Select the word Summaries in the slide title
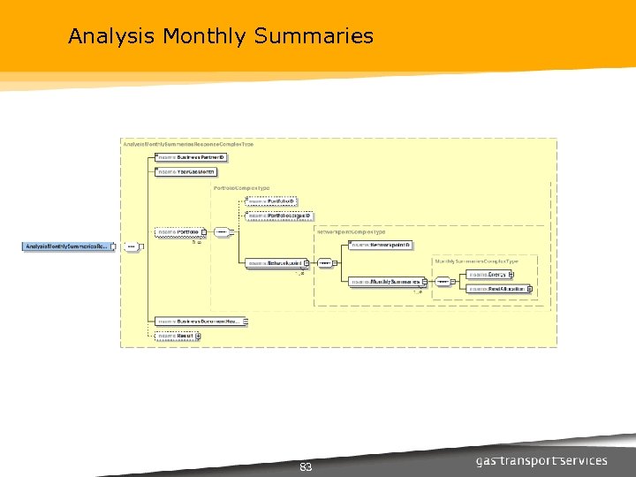[x=314, y=36]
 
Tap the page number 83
[x=306, y=466]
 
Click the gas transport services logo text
[x=541, y=461]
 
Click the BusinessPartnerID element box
[x=191, y=157]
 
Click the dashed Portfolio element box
[x=178, y=232]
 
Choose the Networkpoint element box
[x=274, y=262]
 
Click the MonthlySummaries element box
[x=385, y=282]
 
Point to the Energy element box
[x=488, y=275]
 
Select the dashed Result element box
[x=175, y=336]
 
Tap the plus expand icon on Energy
[x=511, y=275]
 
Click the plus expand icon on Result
[x=198, y=336]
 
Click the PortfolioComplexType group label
[x=241, y=188]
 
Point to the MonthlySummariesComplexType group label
[x=475, y=261]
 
